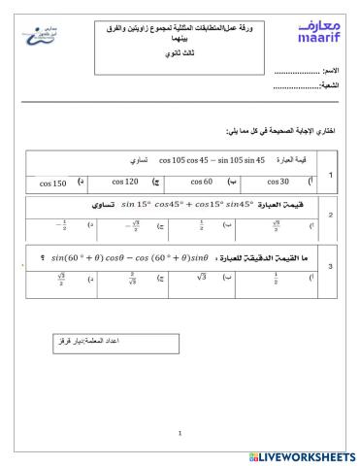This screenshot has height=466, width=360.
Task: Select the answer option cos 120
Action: coord(125,182)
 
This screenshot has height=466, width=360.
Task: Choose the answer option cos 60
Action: coord(201,182)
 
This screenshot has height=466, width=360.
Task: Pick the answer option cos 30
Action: coord(278,182)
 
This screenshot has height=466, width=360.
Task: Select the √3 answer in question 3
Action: coord(204,280)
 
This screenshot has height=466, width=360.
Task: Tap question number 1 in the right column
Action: coord(331,174)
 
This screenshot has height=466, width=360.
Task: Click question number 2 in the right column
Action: coord(331,216)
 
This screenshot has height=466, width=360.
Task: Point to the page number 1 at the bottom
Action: coord(180,433)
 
